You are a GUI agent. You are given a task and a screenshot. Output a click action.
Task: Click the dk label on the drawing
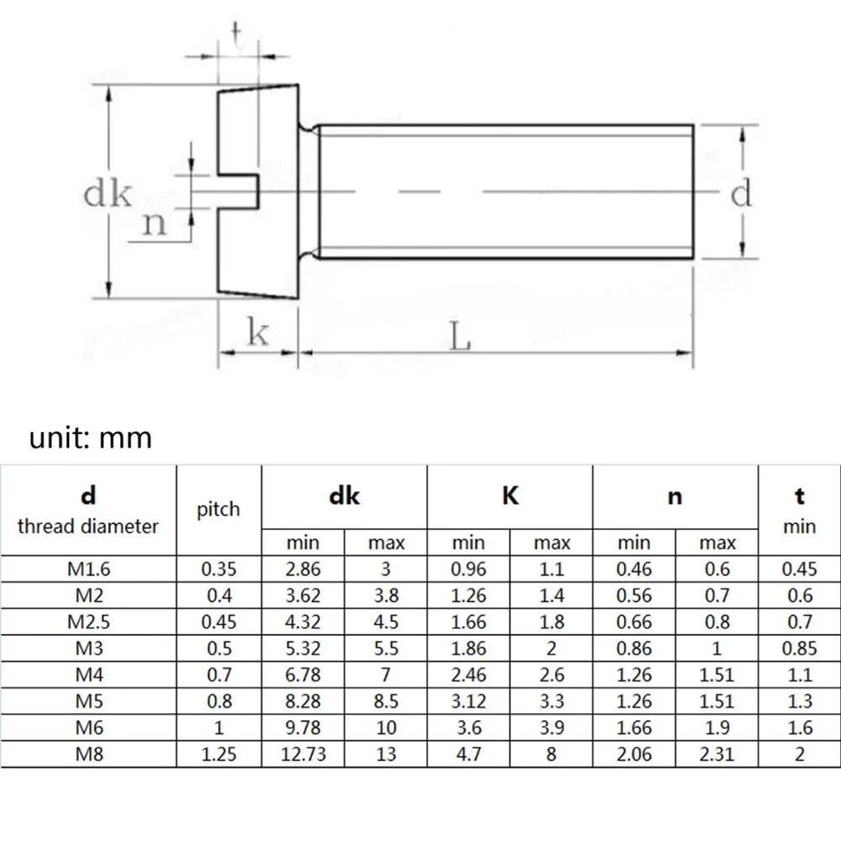[108, 194]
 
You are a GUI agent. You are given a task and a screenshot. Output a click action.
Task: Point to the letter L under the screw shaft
[459, 337]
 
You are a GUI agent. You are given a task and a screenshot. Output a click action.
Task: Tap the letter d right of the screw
[740, 194]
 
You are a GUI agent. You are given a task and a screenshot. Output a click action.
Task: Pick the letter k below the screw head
[257, 333]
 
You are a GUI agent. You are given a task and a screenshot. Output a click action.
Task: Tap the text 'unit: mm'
[91, 438]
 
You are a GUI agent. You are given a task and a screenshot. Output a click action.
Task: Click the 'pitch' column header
[219, 509]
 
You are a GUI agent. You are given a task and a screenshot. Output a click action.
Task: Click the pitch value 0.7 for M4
[219, 674]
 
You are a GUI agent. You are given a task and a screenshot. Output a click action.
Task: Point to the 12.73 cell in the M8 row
[303, 754]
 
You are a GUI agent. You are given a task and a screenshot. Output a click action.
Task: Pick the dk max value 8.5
[385, 701]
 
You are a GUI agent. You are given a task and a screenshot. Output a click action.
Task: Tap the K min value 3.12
[468, 701]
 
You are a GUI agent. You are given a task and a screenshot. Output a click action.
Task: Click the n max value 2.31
[717, 754]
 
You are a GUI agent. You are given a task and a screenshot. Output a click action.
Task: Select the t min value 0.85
[799, 648]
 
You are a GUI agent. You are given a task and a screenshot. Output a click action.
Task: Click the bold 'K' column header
[510, 496]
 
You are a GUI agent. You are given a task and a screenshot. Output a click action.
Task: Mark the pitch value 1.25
[219, 754]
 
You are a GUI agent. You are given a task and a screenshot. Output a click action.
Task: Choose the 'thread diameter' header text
[87, 526]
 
